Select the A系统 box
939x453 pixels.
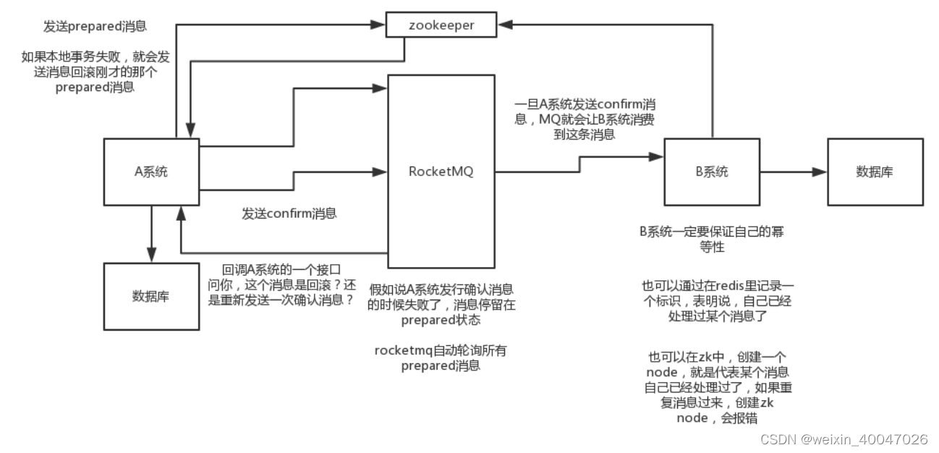tap(151, 172)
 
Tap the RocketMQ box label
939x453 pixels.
tap(441, 172)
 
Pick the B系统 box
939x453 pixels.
tap(713, 172)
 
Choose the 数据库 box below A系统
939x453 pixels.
tap(151, 296)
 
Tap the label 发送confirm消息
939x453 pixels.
tap(289, 213)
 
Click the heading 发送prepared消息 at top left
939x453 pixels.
tap(95, 25)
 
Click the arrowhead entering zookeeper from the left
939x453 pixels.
tap(376, 25)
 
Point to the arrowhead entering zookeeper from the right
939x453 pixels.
tap(504, 25)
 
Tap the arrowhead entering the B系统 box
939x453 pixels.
tap(658, 156)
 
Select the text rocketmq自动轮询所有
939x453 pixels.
tap(441, 350)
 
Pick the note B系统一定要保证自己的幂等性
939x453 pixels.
tap(711, 240)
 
